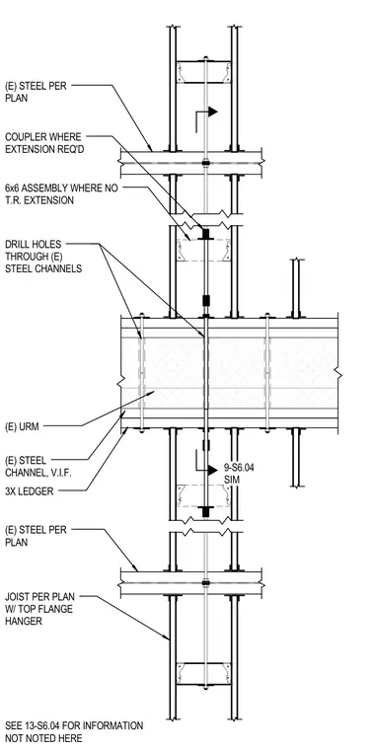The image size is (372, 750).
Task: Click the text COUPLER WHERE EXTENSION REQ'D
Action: [x=43, y=143]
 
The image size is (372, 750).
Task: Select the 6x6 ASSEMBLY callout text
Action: [x=61, y=193]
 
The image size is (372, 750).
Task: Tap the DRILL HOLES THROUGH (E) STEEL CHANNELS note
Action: [x=43, y=257]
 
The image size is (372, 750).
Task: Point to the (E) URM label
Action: [x=22, y=426]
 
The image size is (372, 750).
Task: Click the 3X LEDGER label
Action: [x=30, y=491]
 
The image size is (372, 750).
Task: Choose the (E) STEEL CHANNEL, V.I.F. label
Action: [x=33, y=467]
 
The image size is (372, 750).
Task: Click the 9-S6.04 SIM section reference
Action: [x=239, y=473]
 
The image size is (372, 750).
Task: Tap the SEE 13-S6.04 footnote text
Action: [x=74, y=732]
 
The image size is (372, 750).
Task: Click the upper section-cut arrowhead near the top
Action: [x=212, y=112]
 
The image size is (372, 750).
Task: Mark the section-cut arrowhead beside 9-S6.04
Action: [x=212, y=470]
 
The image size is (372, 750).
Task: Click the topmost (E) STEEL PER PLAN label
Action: [x=36, y=92]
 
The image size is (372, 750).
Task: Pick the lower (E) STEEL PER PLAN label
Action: [x=36, y=536]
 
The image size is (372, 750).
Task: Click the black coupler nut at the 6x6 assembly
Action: [x=206, y=235]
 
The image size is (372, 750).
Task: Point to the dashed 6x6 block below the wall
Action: [x=203, y=496]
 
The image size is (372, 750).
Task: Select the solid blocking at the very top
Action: [x=203, y=72]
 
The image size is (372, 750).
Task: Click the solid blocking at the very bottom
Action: [x=203, y=673]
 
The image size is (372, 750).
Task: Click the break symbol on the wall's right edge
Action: [x=338, y=372]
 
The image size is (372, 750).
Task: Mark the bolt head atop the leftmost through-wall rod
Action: [x=141, y=315]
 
